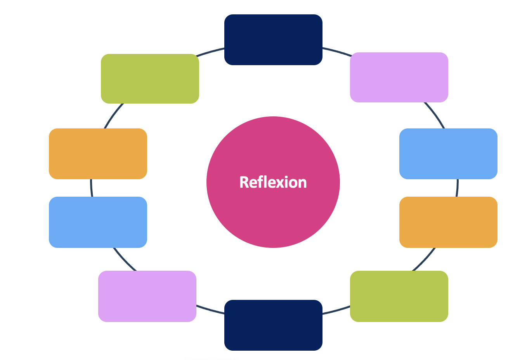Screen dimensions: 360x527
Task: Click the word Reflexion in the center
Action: [273, 182]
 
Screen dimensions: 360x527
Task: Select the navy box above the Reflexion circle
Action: [273, 40]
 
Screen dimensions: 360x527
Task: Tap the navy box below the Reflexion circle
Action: [273, 325]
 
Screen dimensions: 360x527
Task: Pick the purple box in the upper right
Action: [399, 77]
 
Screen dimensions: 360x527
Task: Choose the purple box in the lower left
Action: [147, 296]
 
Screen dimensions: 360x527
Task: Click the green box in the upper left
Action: [150, 78]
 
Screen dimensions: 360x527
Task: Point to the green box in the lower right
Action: [399, 296]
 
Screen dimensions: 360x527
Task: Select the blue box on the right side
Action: [448, 154]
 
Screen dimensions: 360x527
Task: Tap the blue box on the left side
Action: [98, 222]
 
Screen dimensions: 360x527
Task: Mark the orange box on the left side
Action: [98, 154]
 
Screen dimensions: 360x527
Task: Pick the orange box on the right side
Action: [448, 222]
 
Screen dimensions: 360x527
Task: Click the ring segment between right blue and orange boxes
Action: [457, 188]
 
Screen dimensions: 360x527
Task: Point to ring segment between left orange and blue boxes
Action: [92, 188]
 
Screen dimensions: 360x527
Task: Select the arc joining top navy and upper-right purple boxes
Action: [336, 51]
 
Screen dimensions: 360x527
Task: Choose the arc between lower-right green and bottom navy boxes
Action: [336, 310]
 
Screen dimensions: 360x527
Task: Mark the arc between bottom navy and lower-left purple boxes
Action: [210, 310]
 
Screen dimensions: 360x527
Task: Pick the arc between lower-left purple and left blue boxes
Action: [125, 260]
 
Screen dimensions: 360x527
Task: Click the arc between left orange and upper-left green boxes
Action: [113, 116]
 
